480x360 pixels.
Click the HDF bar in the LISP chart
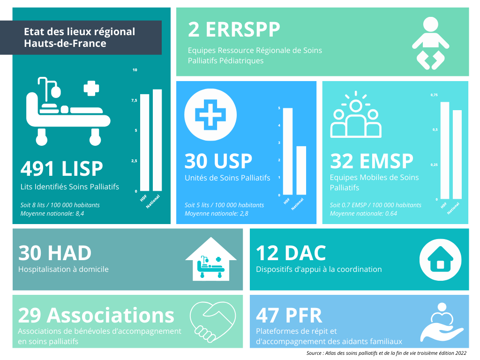[x=144, y=142]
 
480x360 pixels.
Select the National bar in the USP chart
[x=301, y=171]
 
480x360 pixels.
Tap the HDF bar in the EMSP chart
[x=445, y=150]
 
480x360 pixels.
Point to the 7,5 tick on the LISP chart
[x=134, y=100]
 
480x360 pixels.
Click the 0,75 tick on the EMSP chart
[x=434, y=95]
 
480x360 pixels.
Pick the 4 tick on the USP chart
[x=279, y=126]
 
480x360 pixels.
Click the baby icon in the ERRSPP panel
[x=430, y=43]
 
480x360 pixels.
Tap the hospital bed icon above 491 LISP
[x=68, y=111]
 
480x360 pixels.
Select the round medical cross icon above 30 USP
[x=210, y=115]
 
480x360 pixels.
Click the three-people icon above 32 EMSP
[x=356, y=114]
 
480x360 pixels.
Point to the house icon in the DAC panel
[x=440, y=260]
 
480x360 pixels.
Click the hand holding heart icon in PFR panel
[x=442, y=322]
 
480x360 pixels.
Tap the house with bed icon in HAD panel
[x=211, y=259]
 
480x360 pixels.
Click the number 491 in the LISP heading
[x=38, y=169]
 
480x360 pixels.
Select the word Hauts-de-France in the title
[x=65, y=44]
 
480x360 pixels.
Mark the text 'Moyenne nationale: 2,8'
[x=217, y=214]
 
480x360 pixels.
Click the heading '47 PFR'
[x=289, y=315]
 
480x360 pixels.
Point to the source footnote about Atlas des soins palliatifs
[x=386, y=353]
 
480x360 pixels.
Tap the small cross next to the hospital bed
[x=91, y=88]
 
